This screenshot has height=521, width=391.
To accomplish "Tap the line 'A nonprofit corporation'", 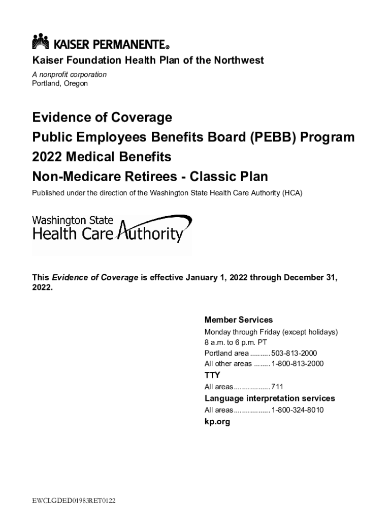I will (x=70, y=74).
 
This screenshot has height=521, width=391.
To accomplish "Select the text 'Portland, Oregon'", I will (x=60, y=83).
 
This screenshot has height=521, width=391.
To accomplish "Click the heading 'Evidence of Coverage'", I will (x=102, y=118).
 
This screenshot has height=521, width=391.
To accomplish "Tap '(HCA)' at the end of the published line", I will (x=291, y=193).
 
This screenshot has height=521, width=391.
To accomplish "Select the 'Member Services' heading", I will (x=238, y=320).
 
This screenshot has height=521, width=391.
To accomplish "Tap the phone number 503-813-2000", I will (x=294, y=353).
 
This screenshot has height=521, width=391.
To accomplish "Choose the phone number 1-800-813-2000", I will (x=297, y=364).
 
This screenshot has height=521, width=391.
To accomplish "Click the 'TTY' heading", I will (x=212, y=375).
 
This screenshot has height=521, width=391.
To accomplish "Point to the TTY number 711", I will (x=277, y=387).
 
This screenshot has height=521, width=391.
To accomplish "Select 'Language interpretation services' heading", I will (x=270, y=398).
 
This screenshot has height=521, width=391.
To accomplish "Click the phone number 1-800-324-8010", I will (x=297, y=410).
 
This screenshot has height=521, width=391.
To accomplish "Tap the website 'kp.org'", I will (x=217, y=422).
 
